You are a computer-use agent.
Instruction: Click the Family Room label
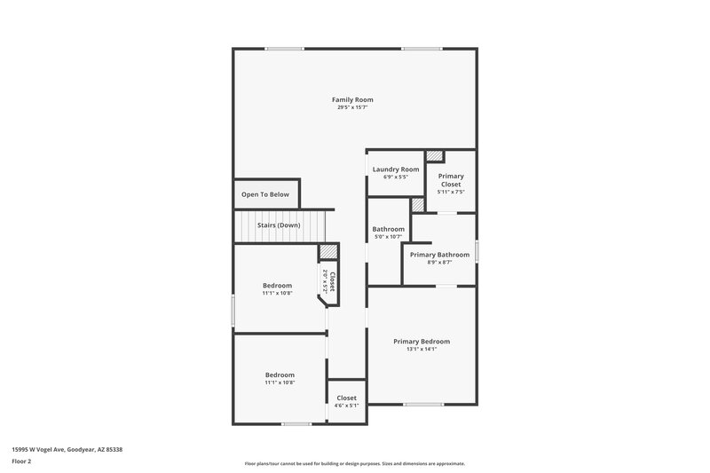[x=352, y=99]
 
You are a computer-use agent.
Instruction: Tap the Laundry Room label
[x=396, y=169]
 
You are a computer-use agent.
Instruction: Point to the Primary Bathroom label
[x=439, y=255]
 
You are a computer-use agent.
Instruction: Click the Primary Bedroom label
[x=422, y=342]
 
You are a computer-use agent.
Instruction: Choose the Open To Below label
[x=265, y=194]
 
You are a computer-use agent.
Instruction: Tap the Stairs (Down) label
[x=279, y=225]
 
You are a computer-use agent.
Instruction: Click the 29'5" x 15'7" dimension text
[x=352, y=108]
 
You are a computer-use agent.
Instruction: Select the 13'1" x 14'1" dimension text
[x=422, y=350]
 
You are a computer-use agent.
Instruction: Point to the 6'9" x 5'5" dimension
[x=396, y=177]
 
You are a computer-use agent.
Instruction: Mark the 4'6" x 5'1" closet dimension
[x=346, y=406]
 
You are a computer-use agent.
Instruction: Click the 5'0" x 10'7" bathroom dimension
[x=387, y=237]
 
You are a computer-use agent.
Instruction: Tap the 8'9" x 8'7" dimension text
[x=439, y=263]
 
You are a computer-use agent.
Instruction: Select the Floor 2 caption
[x=22, y=462]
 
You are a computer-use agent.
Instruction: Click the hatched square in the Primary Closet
[x=434, y=156]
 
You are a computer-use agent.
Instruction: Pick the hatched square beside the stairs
[x=327, y=251]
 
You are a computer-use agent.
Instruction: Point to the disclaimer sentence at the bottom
[x=354, y=463]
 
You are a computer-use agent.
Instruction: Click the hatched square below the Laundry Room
[x=418, y=205]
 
